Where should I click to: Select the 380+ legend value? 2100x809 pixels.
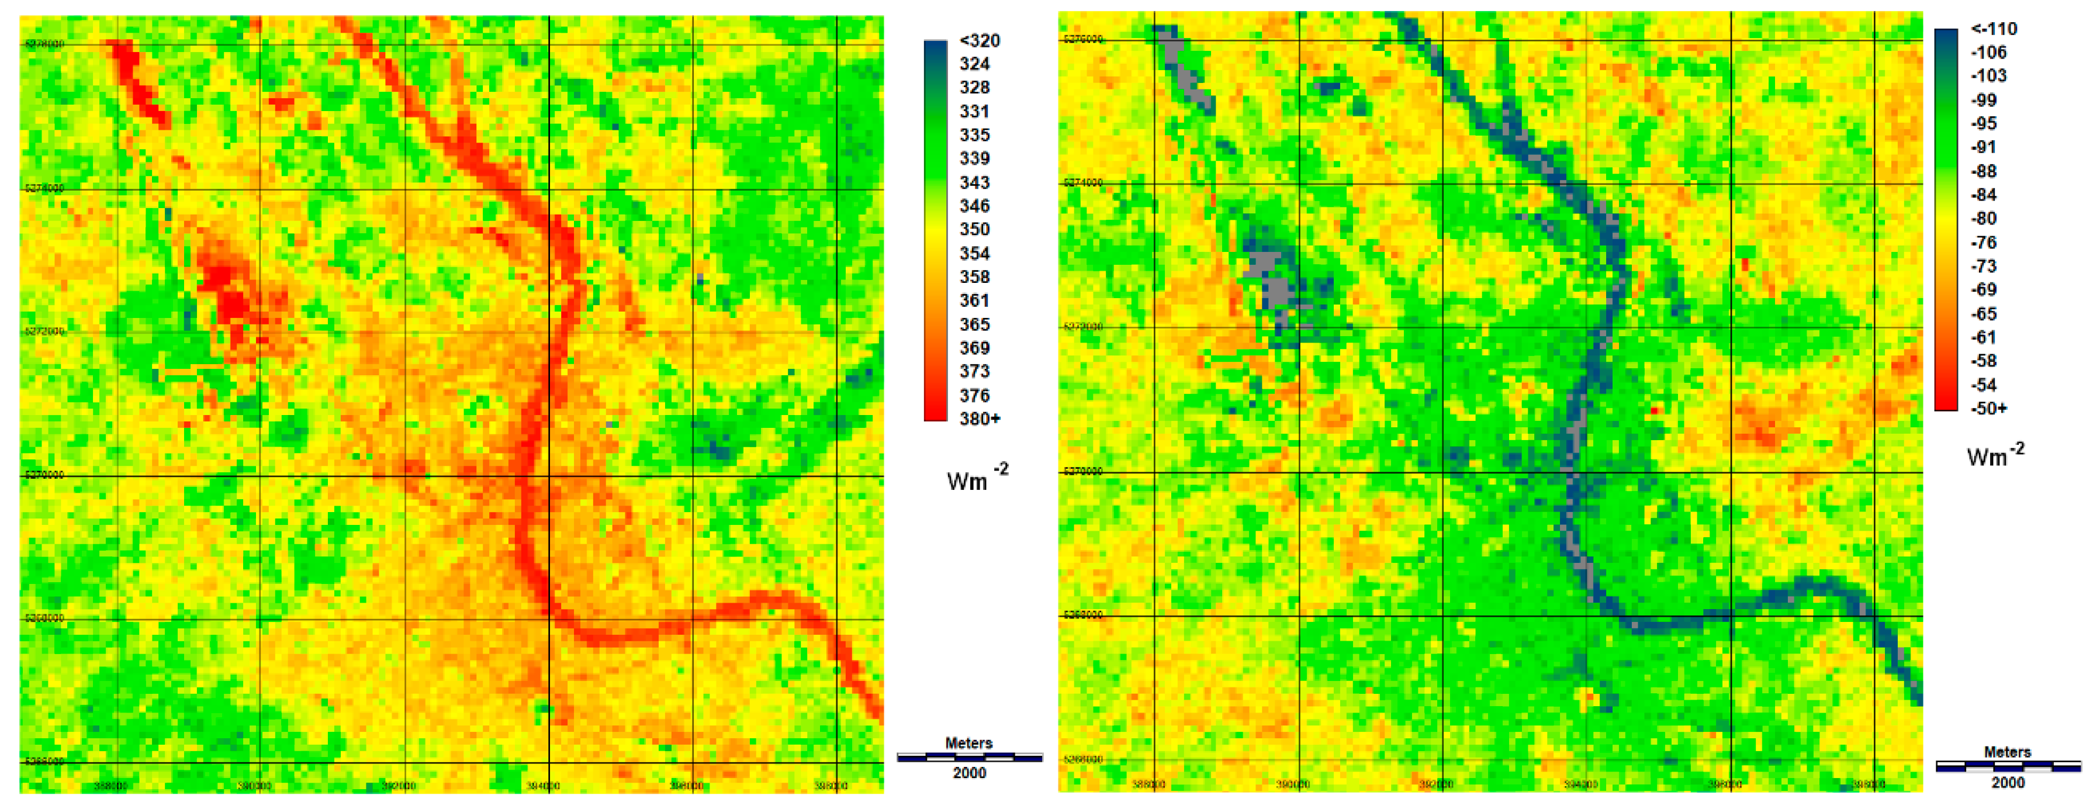[x=978, y=419]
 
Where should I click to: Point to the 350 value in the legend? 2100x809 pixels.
[x=974, y=230]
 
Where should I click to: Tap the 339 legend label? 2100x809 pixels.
[x=974, y=159]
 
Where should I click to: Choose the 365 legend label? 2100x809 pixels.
[x=974, y=324]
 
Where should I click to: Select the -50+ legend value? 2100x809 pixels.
[x=1988, y=409]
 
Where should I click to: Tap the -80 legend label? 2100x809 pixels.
[x=1984, y=219]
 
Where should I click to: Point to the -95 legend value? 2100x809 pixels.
[x=1984, y=124]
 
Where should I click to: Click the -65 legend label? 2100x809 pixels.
[x=1984, y=314]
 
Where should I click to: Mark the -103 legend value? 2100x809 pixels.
[x=1988, y=76]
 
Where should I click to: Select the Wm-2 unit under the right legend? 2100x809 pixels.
[x=1995, y=455]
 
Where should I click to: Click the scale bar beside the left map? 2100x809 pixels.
[x=969, y=758]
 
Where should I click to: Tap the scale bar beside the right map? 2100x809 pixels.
[x=2008, y=766]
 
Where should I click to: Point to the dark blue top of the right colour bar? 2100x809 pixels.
[x=1945, y=37]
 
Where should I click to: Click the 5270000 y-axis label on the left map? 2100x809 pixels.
[x=44, y=475]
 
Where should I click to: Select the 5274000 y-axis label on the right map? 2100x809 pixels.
[x=1082, y=183]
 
